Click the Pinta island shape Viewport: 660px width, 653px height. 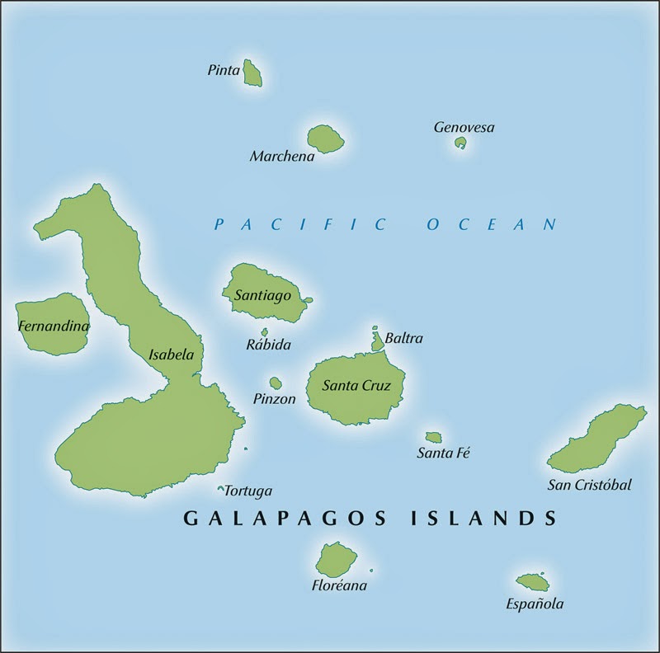click(253, 73)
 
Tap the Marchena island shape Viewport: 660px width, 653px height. click(325, 139)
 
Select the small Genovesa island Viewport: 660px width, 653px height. click(460, 143)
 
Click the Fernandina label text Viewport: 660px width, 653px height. click(53, 326)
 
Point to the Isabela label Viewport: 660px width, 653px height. click(171, 355)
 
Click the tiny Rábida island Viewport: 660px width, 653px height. click(264, 332)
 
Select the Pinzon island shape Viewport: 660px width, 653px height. click(276, 383)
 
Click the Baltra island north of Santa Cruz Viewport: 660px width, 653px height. click(377, 340)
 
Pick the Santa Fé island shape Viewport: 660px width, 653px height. click(433, 438)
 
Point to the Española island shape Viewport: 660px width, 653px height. click(532, 582)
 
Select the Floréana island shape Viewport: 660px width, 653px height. click(336, 560)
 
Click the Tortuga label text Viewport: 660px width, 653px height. click(248, 491)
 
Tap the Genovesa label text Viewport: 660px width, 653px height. click(464, 127)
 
